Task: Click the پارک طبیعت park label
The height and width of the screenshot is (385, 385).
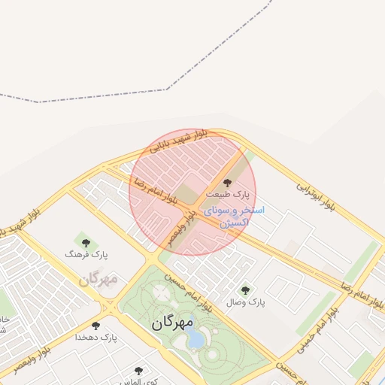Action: coord(228,194)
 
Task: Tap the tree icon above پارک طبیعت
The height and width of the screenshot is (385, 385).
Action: coord(228,182)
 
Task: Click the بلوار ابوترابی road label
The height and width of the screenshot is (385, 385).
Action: coord(315,194)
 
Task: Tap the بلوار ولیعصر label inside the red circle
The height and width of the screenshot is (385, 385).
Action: coord(186,223)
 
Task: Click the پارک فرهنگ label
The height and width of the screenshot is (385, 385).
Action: coord(86,255)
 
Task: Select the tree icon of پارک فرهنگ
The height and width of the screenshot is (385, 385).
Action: coord(86,243)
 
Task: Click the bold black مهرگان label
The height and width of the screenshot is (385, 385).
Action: coord(172,323)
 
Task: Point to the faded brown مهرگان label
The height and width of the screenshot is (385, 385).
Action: coord(98,279)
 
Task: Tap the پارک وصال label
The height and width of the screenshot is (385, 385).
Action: coord(246,302)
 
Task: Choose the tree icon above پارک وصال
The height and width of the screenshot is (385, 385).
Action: coord(245,290)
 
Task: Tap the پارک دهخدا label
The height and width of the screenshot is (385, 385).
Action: coord(95,338)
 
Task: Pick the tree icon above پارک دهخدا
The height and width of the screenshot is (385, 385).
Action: coord(95,326)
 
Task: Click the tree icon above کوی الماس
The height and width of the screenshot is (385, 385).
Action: coord(138,371)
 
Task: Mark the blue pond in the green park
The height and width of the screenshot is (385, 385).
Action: coord(195,339)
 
